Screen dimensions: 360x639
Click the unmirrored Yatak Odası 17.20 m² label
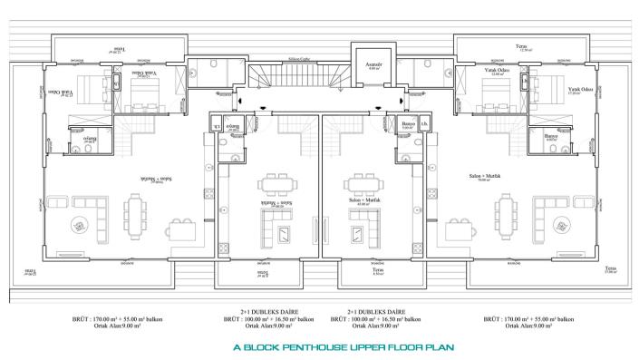point(580,91)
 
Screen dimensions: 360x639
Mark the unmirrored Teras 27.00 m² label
point(611,269)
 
